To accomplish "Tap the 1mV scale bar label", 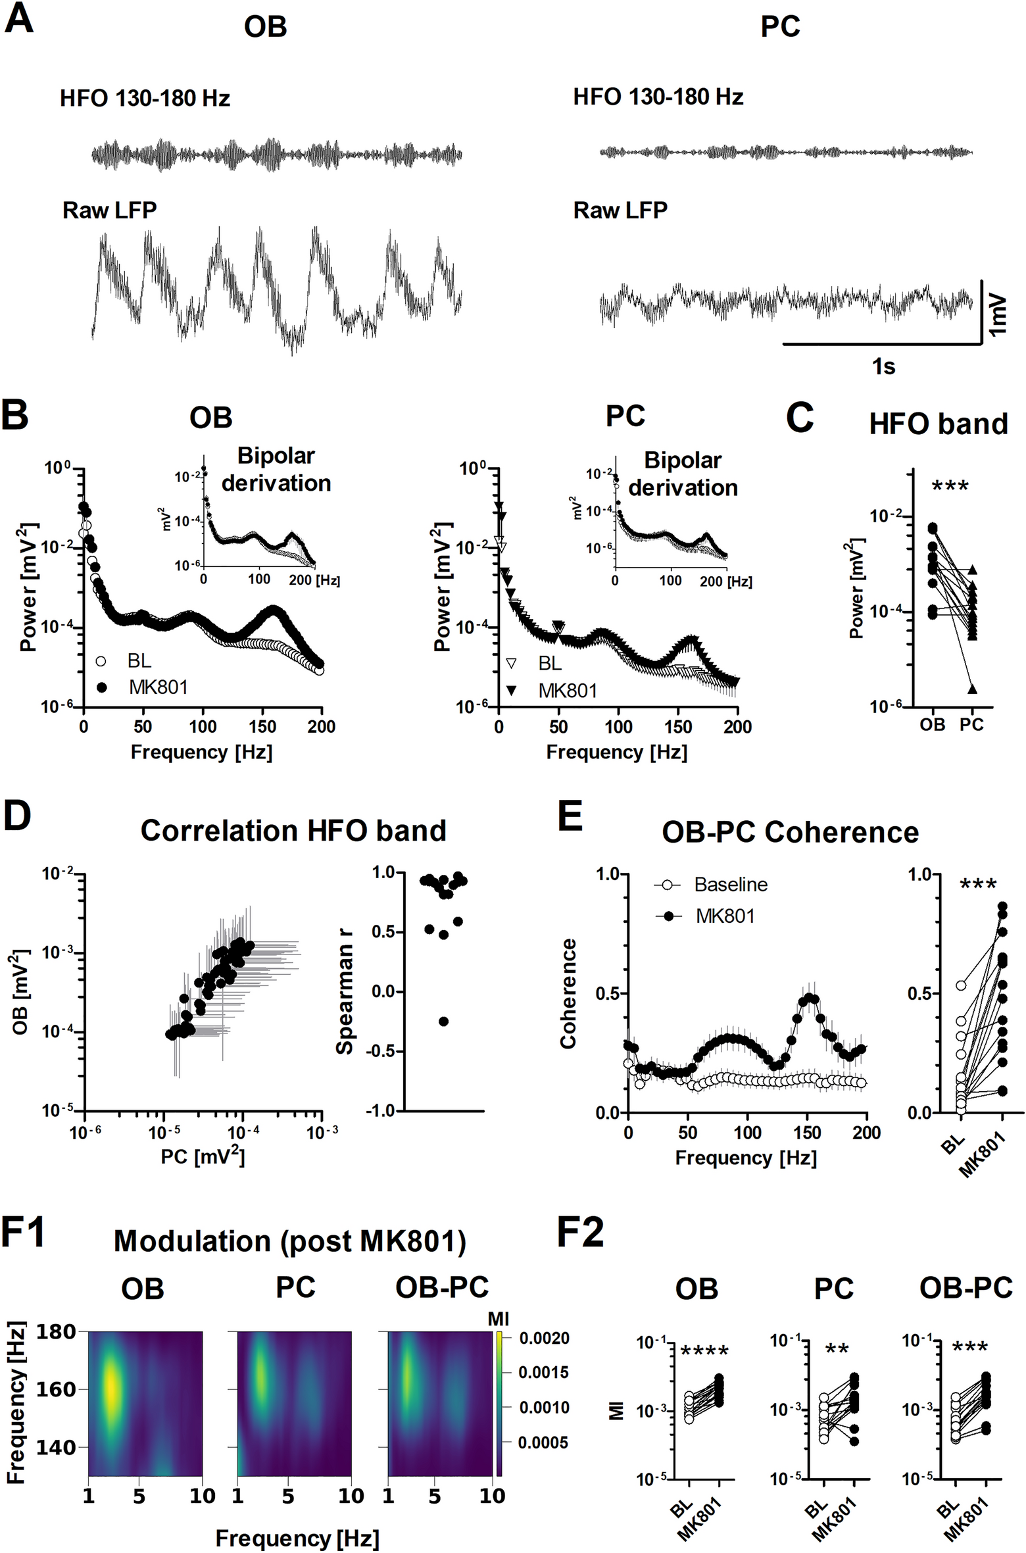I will (x=998, y=314).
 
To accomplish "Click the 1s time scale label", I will (x=883, y=366).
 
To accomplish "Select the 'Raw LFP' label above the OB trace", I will (x=109, y=210).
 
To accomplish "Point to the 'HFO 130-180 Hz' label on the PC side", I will (x=658, y=97).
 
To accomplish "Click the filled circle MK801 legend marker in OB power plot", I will (x=101, y=687).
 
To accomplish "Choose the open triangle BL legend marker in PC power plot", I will (x=511, y=663).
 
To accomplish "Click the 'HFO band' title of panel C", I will (x=938, y=424).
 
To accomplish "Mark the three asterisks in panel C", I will (x=950, y=487).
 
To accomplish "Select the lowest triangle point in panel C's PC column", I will (x=971, y=689).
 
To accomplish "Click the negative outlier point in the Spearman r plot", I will (x=443, y=1022).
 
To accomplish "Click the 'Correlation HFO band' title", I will (x=293, y=831).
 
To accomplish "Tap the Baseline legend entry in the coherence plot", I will (x=730, y=885).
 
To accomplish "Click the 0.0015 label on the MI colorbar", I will (x=543, y=1372).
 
